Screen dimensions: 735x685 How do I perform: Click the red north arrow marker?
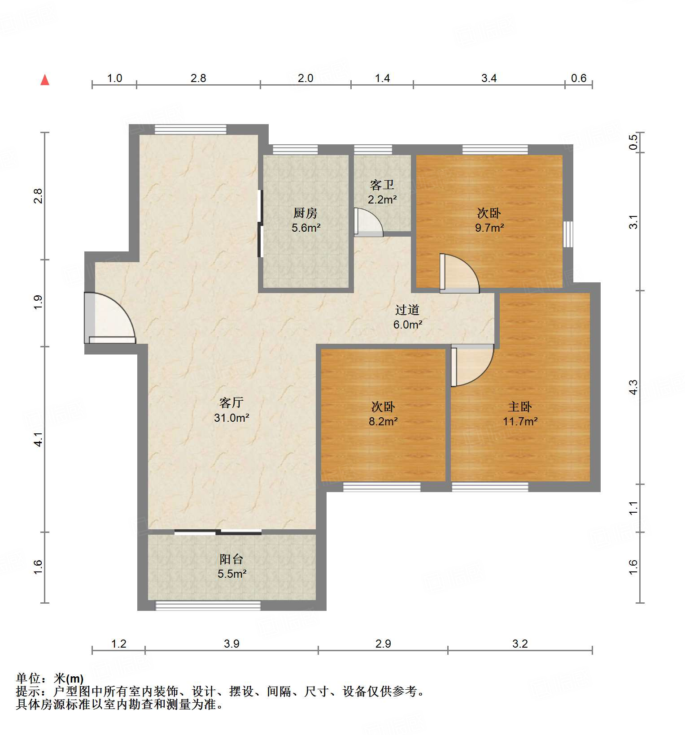[45, 80]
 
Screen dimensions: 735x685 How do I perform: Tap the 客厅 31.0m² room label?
[231, 410]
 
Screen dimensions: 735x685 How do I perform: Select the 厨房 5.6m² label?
[305, 220]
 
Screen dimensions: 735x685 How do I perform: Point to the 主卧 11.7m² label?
[520, 414]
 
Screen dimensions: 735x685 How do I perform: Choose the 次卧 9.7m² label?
[489, 220]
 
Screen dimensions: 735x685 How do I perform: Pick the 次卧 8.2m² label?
[383, 414]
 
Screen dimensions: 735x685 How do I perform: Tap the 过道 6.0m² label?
[407, 317]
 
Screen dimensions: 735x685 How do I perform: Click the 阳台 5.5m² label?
[231, 566]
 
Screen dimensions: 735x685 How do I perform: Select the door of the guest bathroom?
[368, 222]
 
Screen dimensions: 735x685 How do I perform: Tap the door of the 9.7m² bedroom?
[458, 273]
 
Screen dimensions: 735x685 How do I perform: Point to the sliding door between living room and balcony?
[218, 532]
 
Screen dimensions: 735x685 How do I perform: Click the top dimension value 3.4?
[489, 78]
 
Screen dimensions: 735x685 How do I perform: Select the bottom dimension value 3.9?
[231, 644]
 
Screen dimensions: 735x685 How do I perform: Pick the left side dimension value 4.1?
[39, 439]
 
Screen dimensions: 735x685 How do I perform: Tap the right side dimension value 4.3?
[633, 387]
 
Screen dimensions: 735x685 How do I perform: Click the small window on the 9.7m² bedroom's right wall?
[568, 234]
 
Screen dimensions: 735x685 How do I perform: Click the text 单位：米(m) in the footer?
[50, 679]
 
